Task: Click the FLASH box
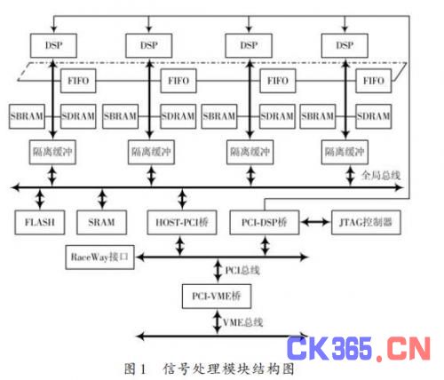pos(40,222)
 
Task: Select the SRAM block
pos(101,222)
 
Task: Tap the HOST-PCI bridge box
pos(182,222)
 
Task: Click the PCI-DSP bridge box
pos(265,222)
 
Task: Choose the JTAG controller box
pos(366,222)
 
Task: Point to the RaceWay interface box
pos(99,257)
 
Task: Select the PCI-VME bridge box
pos(217,297)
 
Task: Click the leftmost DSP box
pos(53,45)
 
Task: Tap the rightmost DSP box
pos(345,45)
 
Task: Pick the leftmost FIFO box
pos(78,81)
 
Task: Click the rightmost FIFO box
pos(373,81)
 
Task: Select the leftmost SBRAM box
pos(27,116)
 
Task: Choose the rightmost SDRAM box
pos(373,116)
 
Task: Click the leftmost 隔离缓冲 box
pos(52,152)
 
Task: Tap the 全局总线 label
pos(381,176)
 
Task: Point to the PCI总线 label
pos(242,270)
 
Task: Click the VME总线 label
pos(242,322)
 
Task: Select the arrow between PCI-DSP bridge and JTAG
pos(315,222)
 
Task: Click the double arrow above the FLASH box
pos(40,199)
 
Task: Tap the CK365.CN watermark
pos(359,348)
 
